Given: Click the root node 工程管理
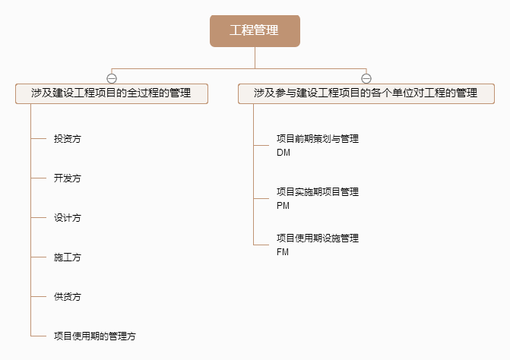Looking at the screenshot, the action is coord(255,31).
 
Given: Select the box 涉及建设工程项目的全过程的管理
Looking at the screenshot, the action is coord(112,93).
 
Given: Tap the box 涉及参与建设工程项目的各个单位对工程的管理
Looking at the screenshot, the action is coord(366,93).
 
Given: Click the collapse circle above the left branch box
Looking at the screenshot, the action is coord(112,78).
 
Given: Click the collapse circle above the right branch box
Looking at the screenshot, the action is coord(366,78).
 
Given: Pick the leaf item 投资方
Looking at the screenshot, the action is coord(68,139).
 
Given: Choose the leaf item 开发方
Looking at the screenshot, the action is coord(68,178).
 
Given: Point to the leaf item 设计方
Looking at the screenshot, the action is coord(68,218).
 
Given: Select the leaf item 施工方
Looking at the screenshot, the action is coord(68,257).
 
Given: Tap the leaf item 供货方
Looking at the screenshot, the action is coord(68,297).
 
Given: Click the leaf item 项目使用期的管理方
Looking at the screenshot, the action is coord(95,336).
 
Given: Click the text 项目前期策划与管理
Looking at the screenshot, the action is coord(318,139).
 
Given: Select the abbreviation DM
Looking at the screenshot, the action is coord(284,153).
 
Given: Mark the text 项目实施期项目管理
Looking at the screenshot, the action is coord(318,191).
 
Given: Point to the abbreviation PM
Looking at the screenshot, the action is coord(283,206).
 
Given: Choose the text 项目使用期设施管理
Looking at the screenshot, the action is coord(318,238).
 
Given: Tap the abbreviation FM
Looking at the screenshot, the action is coord(283,252).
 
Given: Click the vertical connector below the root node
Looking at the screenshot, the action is coord(255,58).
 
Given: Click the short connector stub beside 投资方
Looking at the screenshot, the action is coord(38,139).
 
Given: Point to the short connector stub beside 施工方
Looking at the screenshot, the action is coord(38,257).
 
